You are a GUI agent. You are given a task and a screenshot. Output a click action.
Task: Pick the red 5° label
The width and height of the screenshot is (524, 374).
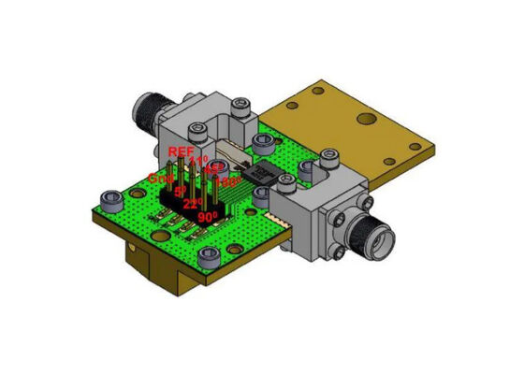point(180,190)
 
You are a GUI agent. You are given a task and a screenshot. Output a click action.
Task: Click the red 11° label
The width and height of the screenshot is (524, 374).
point(198,161)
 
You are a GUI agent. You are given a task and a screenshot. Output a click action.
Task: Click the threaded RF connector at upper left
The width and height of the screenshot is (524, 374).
point(147,103)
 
